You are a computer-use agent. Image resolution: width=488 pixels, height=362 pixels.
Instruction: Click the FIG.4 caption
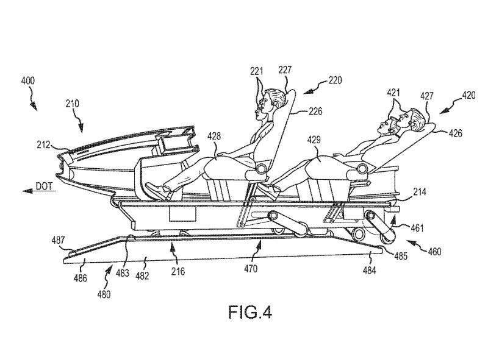click(x=250, y=312)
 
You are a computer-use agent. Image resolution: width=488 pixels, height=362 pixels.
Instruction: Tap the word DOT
click(x=44, y=186)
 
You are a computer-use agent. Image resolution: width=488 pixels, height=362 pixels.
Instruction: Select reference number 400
click(x=28, y=81)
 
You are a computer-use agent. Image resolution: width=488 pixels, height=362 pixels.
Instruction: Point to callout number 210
click(x=72, y=104)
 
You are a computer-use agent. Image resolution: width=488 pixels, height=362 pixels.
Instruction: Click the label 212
click(x=44, y=145)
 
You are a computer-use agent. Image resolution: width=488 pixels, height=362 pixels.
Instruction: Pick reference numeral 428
click(x=214, y=136)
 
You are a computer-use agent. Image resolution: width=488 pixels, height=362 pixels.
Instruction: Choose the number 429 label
click(x=314, y=140)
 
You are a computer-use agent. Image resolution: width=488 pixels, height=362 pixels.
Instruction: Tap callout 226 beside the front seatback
click(x=315, y=112)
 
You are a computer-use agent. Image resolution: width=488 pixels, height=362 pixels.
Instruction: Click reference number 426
click(x=456, y=133)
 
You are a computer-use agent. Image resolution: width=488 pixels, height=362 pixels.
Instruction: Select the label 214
click(x=419, y=192)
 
